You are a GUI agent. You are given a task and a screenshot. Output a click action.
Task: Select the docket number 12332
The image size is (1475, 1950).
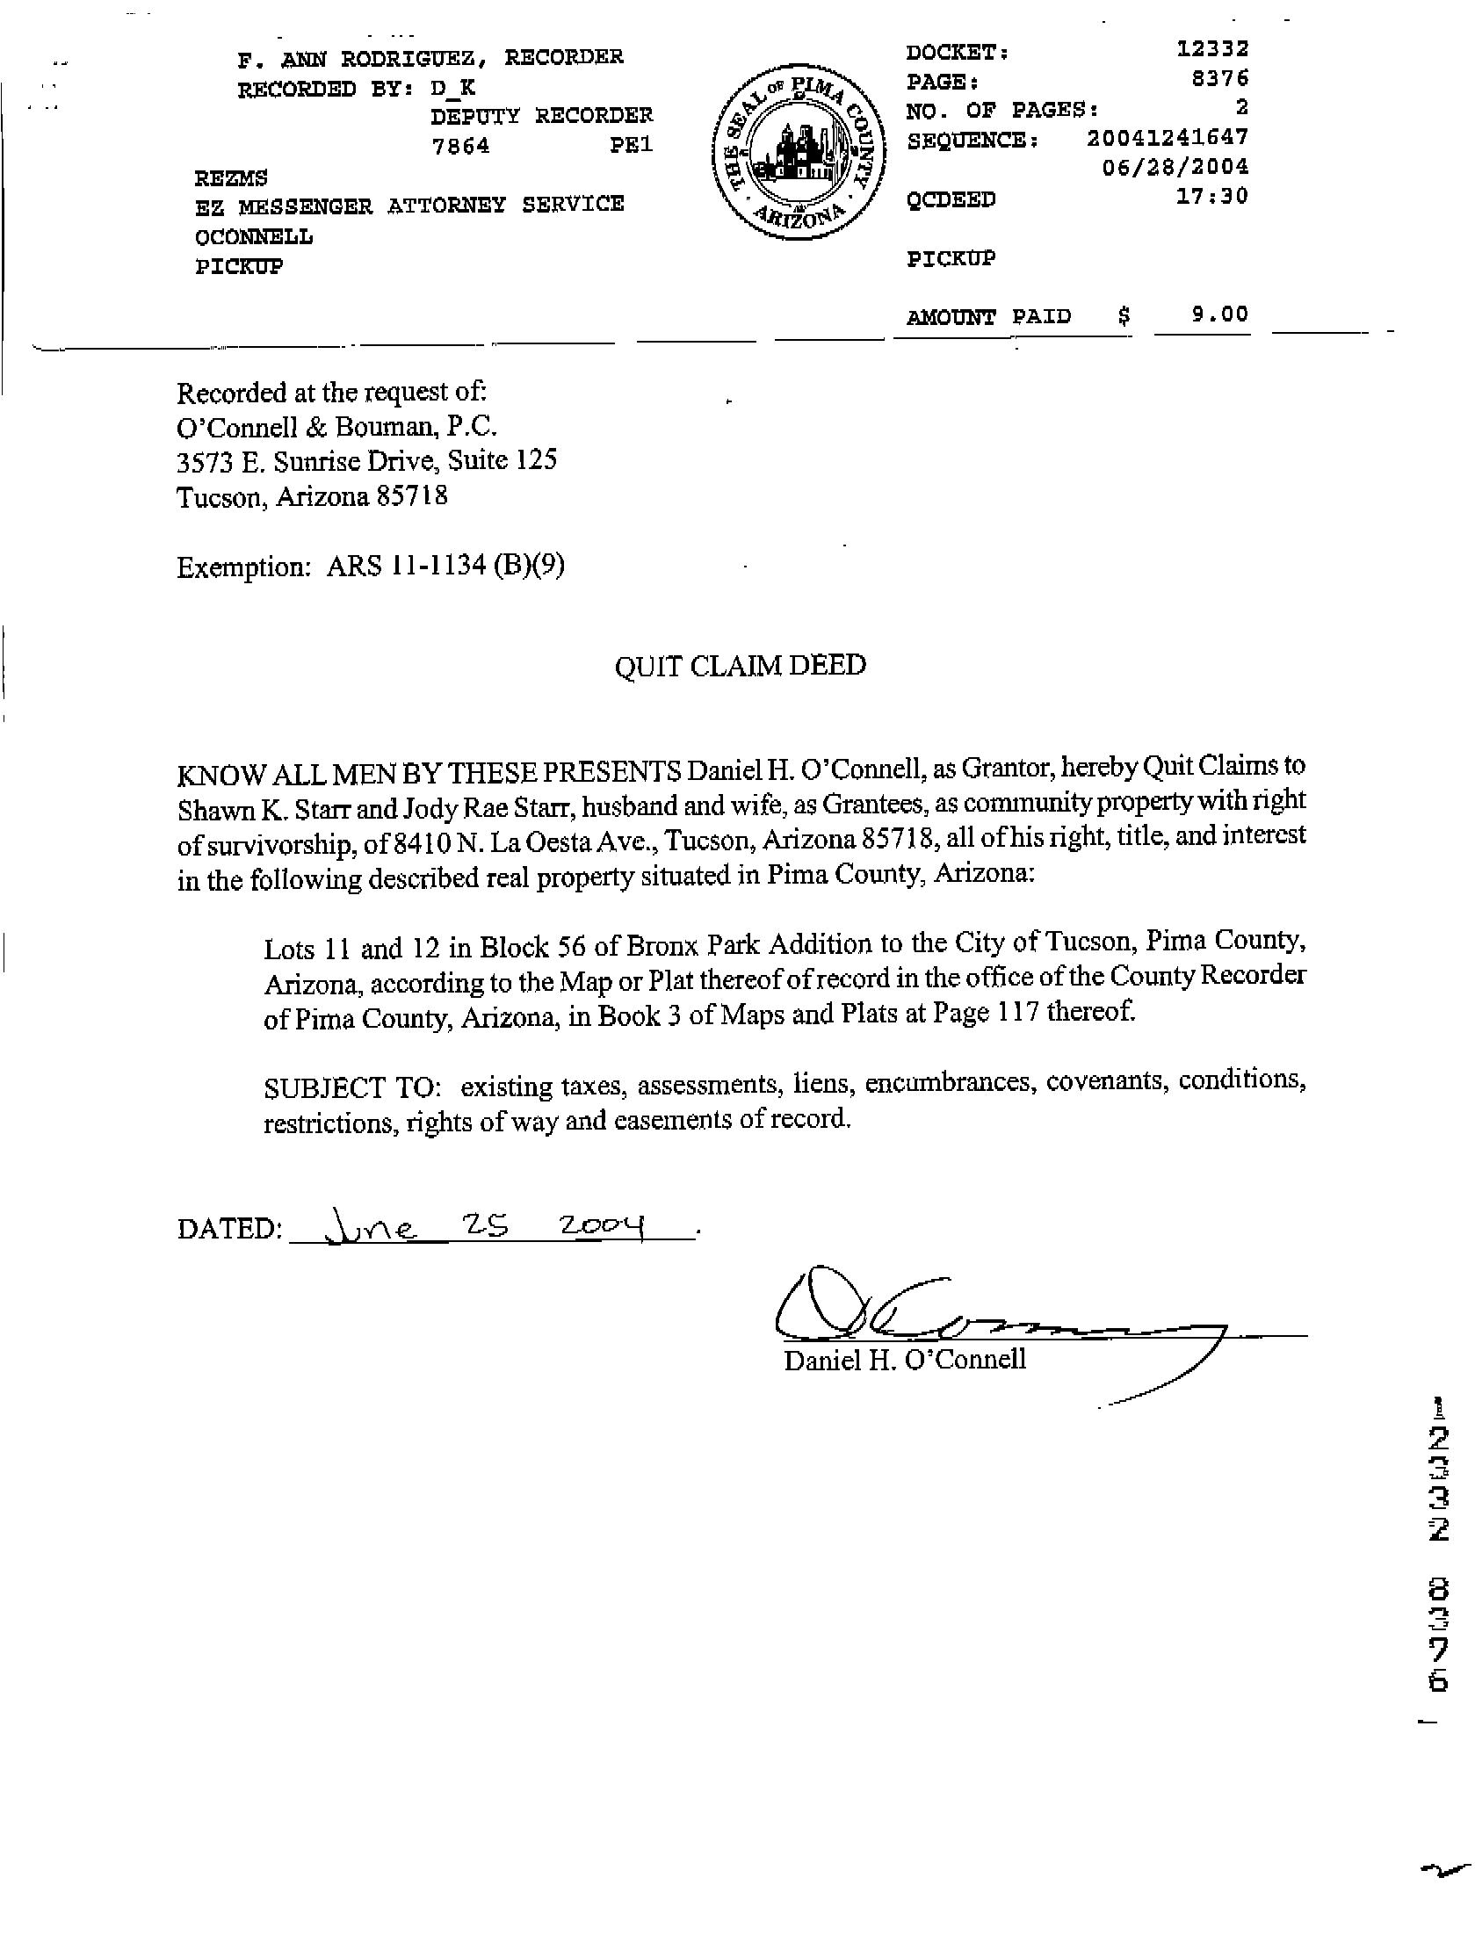pyautogui.click(x=1212, y=48)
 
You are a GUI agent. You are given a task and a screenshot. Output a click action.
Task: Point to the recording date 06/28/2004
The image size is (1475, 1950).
pyautogui.click(x=1175, y=167)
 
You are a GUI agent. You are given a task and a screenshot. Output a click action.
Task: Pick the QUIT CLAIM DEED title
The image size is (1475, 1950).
pyautogui.click(x=740, y=665)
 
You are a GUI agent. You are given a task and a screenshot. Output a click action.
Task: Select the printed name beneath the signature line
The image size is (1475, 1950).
pyautogui.click(x=905, y=1360)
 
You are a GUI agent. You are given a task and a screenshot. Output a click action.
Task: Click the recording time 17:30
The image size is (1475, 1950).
pyautogui.click(x=1212, y=196)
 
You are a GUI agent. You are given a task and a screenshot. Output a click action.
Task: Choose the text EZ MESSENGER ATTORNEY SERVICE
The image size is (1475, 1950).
pyautogui.click(x=409, y=206)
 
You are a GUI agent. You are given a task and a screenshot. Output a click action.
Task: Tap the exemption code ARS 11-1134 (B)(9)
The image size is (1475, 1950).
pyautogui.click(x=445, y=565)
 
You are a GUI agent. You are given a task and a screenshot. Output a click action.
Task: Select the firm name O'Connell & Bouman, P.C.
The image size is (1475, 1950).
pyautogui.click(x=336, y=427)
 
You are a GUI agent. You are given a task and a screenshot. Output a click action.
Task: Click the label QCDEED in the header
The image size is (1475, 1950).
pyautogui.click(x=951, y=199)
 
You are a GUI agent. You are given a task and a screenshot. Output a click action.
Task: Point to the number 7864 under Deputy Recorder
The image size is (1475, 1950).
pyautogui.click(x=459, y=146)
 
